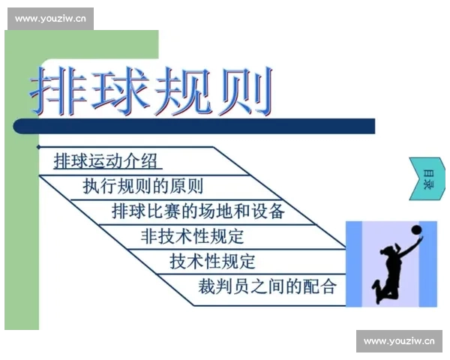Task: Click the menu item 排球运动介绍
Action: pos(108,160)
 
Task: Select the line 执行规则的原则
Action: pos(142,186)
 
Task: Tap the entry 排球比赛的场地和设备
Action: pos(198,211)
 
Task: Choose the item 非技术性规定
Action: pos(193,236)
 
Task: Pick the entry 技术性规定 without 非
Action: pos(212,261)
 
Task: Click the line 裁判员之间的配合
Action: pos(267,286)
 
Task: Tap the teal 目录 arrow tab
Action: pos(426,178)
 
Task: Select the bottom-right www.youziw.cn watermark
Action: pos(399,341)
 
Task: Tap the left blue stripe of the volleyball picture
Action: pos(353,263)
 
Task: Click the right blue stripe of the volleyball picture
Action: pos(428,263)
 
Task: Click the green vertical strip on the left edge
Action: pos(21,225)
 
